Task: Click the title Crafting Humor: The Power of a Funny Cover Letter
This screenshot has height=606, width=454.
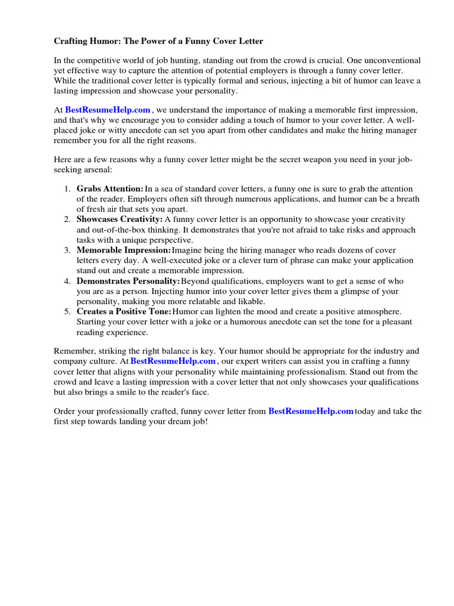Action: (x=158, y=41)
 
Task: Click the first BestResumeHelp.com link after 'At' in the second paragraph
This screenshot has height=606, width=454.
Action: (x=108, y=110)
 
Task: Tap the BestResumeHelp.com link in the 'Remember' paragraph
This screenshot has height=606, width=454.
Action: (x=173, y=361)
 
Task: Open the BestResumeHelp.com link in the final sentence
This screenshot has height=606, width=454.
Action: (x=310, y=411)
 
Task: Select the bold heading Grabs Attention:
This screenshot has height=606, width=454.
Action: (x=110, y=188)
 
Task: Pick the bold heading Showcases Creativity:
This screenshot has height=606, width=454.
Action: (x=119, y=219)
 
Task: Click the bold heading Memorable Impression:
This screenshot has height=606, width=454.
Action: (x=124, y=250)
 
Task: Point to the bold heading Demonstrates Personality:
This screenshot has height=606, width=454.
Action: (x=128, y=281)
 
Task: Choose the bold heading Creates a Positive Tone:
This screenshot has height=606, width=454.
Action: (x=124, y=312)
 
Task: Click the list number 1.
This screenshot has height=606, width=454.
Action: (x=67, y=188)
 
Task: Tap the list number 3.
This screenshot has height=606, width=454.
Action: (x=67, y=250)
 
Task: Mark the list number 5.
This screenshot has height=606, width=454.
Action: (x=67, y=312)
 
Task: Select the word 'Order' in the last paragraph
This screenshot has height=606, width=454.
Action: (x=65, y=411)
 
